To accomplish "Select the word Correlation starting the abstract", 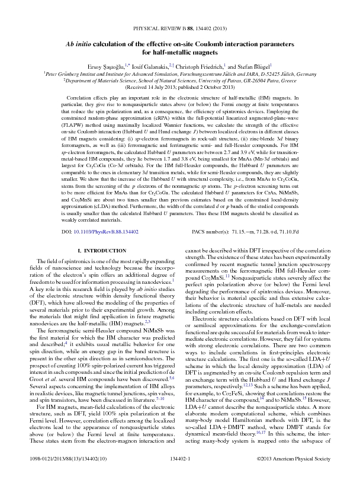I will coord(66,97).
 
